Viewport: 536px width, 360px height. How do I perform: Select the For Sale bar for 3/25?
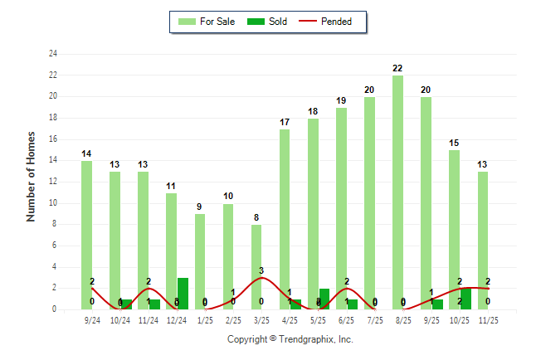256,266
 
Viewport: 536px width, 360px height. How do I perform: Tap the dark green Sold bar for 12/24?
183,294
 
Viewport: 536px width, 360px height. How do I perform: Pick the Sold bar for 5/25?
324,299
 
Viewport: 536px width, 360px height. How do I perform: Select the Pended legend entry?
332,22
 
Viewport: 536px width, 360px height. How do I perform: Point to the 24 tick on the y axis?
53,54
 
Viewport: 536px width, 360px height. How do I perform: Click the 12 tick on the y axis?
53,182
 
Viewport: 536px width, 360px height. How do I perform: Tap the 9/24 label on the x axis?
92,319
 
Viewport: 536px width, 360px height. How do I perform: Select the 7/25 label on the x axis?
375,319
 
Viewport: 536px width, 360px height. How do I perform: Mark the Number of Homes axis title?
32,176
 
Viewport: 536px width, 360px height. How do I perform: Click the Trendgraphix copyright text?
290,339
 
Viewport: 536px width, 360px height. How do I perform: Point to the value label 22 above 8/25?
398,68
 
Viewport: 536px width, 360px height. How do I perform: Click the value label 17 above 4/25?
285,122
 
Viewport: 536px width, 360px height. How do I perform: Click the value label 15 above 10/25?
454,143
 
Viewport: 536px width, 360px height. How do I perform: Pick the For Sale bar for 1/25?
200,261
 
